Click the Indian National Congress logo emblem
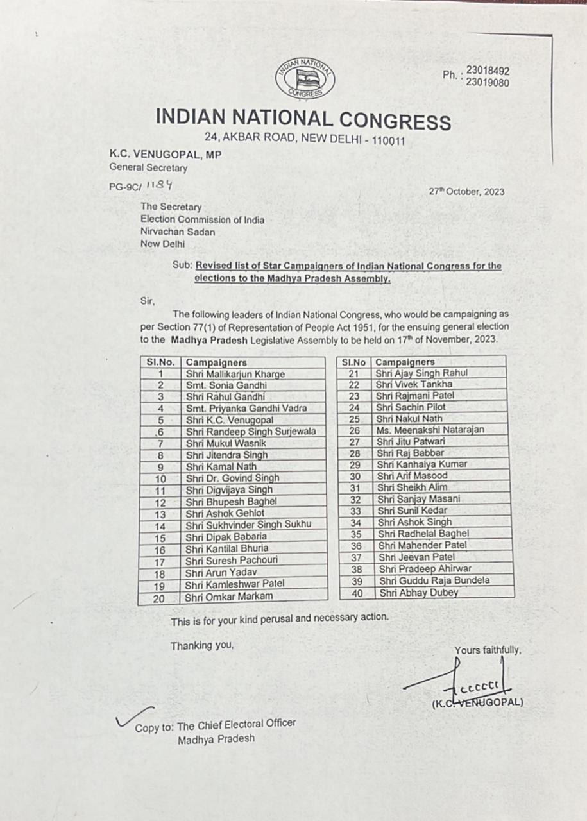(x=305, y=79)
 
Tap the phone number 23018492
(x=488, y=71)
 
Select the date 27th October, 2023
(x=466, y=191)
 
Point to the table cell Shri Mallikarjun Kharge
(x=235, y=374)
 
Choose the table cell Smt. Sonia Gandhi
(x=226, y=385)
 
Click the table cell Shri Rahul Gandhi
(x=225, y=397)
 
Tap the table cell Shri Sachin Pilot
(x=411, y=407)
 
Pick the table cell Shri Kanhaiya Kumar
(x=422, y=464)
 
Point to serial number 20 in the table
(x=159, y=598)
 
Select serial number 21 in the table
(x=352, y=373)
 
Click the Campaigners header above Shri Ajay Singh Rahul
(x=405, y=362)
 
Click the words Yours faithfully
(x=488, y=650)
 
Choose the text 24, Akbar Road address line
(x=305, y=138)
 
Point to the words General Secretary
(x=148, y=168)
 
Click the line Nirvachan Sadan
(x=178, y=232)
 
